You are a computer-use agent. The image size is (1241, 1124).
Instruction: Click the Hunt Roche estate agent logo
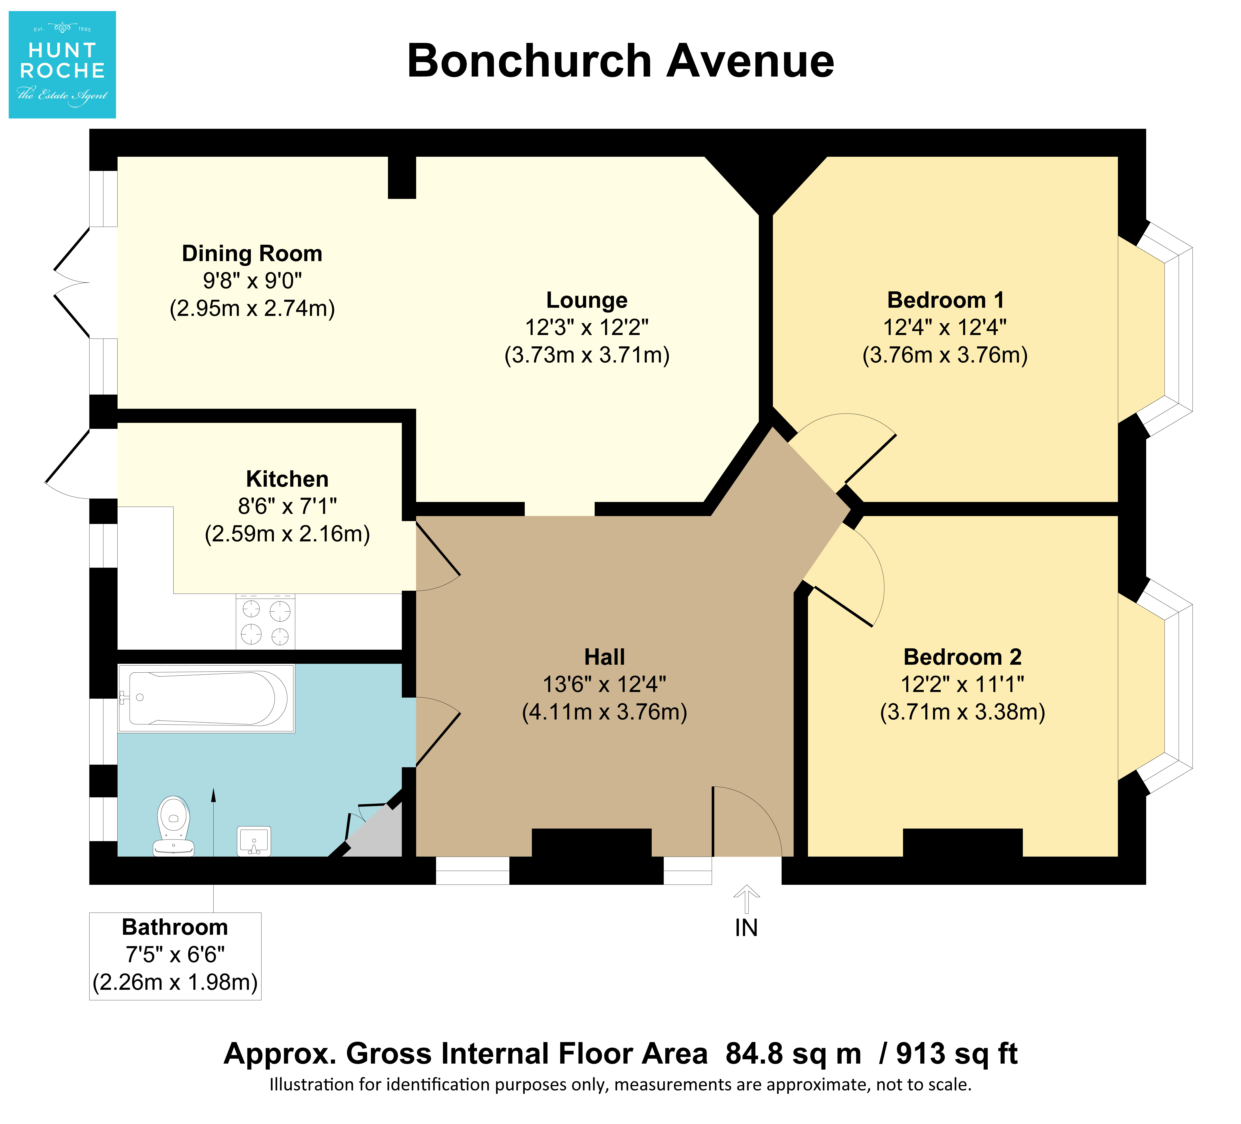click(62, 65)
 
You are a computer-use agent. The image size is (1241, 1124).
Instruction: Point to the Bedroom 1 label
click(946, 300)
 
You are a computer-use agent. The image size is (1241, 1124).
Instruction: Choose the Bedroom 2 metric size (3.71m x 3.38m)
click(963, 712)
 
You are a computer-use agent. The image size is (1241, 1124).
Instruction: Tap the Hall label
click(604, 657)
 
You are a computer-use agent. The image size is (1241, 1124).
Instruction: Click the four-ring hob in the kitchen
click(265, 621)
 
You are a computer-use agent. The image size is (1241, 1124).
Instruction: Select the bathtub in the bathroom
click(206, 698)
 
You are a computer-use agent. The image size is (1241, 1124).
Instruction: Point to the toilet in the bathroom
click(174, 826)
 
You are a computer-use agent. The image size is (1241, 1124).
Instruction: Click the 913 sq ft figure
click(957, 1054)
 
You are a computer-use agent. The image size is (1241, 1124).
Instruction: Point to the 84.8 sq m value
click(793, 1054)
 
